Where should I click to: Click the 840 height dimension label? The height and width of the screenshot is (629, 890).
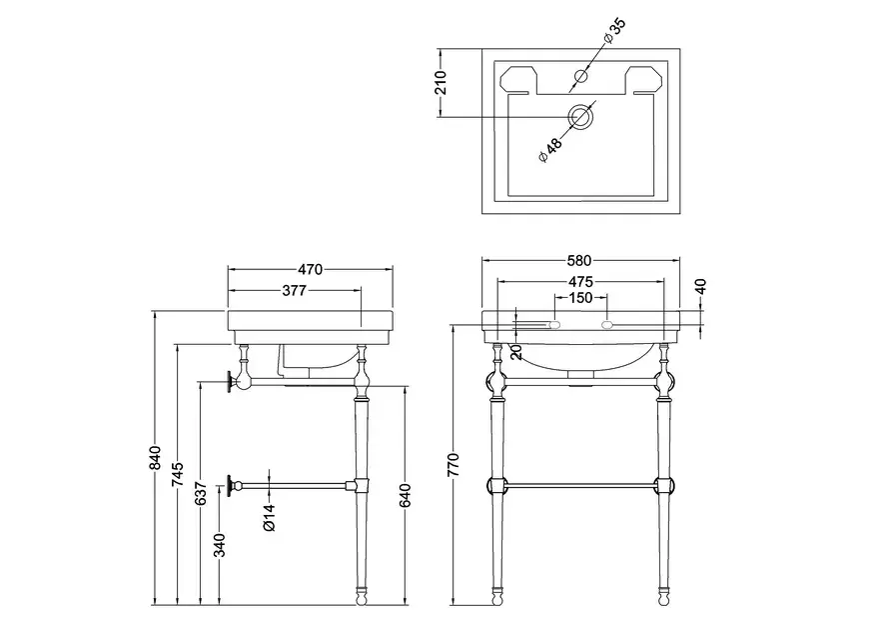coord(155,458)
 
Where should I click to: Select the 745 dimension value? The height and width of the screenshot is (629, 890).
coord(178,474)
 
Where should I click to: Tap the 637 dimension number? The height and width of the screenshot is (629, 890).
coord(201,493)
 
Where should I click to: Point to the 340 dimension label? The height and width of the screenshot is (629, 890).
coord(220,545)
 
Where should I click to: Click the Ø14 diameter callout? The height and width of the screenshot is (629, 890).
coord(270,518)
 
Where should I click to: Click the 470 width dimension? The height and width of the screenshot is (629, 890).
coord(310,269)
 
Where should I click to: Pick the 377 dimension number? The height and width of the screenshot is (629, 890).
coord(294,291)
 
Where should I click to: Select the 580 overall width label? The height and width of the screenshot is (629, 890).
coord(579,261)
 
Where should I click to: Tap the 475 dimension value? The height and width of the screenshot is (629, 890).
coord(580,282)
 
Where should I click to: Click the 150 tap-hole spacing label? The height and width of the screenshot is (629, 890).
coord(580,298)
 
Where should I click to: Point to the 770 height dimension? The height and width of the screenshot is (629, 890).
coord(454,464)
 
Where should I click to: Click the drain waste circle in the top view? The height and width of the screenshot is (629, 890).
coord(581,117)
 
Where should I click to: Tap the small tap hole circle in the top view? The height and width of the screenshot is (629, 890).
coord(581,76)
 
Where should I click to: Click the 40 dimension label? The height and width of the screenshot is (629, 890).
coord(700,287)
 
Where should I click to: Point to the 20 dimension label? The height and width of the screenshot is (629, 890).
coord(516,352)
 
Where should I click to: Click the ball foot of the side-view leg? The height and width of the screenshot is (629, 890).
coord(362,598)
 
